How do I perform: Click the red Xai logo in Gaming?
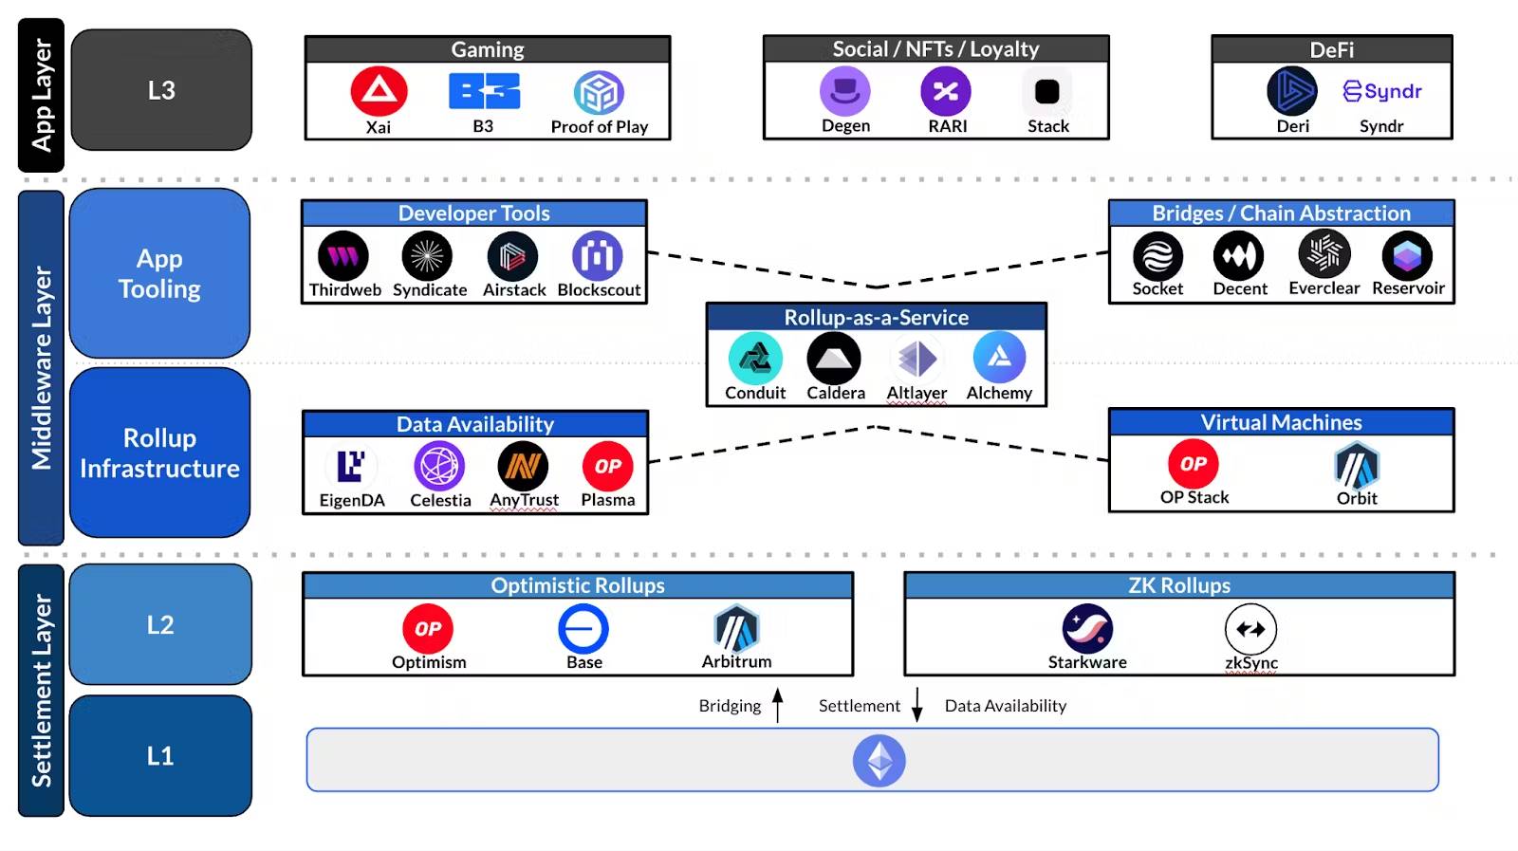coord(379,91)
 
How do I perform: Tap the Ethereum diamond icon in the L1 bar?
coord(879,761)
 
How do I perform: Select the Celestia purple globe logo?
coord(439,466)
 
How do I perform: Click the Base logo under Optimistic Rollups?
coord(583,628)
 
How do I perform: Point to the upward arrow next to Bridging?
coord(778,705)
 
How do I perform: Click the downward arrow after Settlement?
coord(917,705)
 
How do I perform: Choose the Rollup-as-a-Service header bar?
coord(876,317)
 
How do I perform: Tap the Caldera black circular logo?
coord(834,359)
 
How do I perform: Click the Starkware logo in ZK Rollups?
coord(1087,628)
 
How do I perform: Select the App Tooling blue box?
coord(159,273)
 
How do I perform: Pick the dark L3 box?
coord(161,90)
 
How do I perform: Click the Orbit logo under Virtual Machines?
coord(1357,465)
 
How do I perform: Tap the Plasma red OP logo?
coord(607,466)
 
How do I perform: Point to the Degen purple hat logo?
coord(844,91)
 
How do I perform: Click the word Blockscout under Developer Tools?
coord(599,290)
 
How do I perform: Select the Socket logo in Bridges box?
coord(1157,256)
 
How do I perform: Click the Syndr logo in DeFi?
coord(1382,91)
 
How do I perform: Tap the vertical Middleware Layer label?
coord(42,367)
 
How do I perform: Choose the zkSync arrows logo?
coord(1250,628)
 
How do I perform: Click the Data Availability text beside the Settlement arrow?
coord(1005,706)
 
